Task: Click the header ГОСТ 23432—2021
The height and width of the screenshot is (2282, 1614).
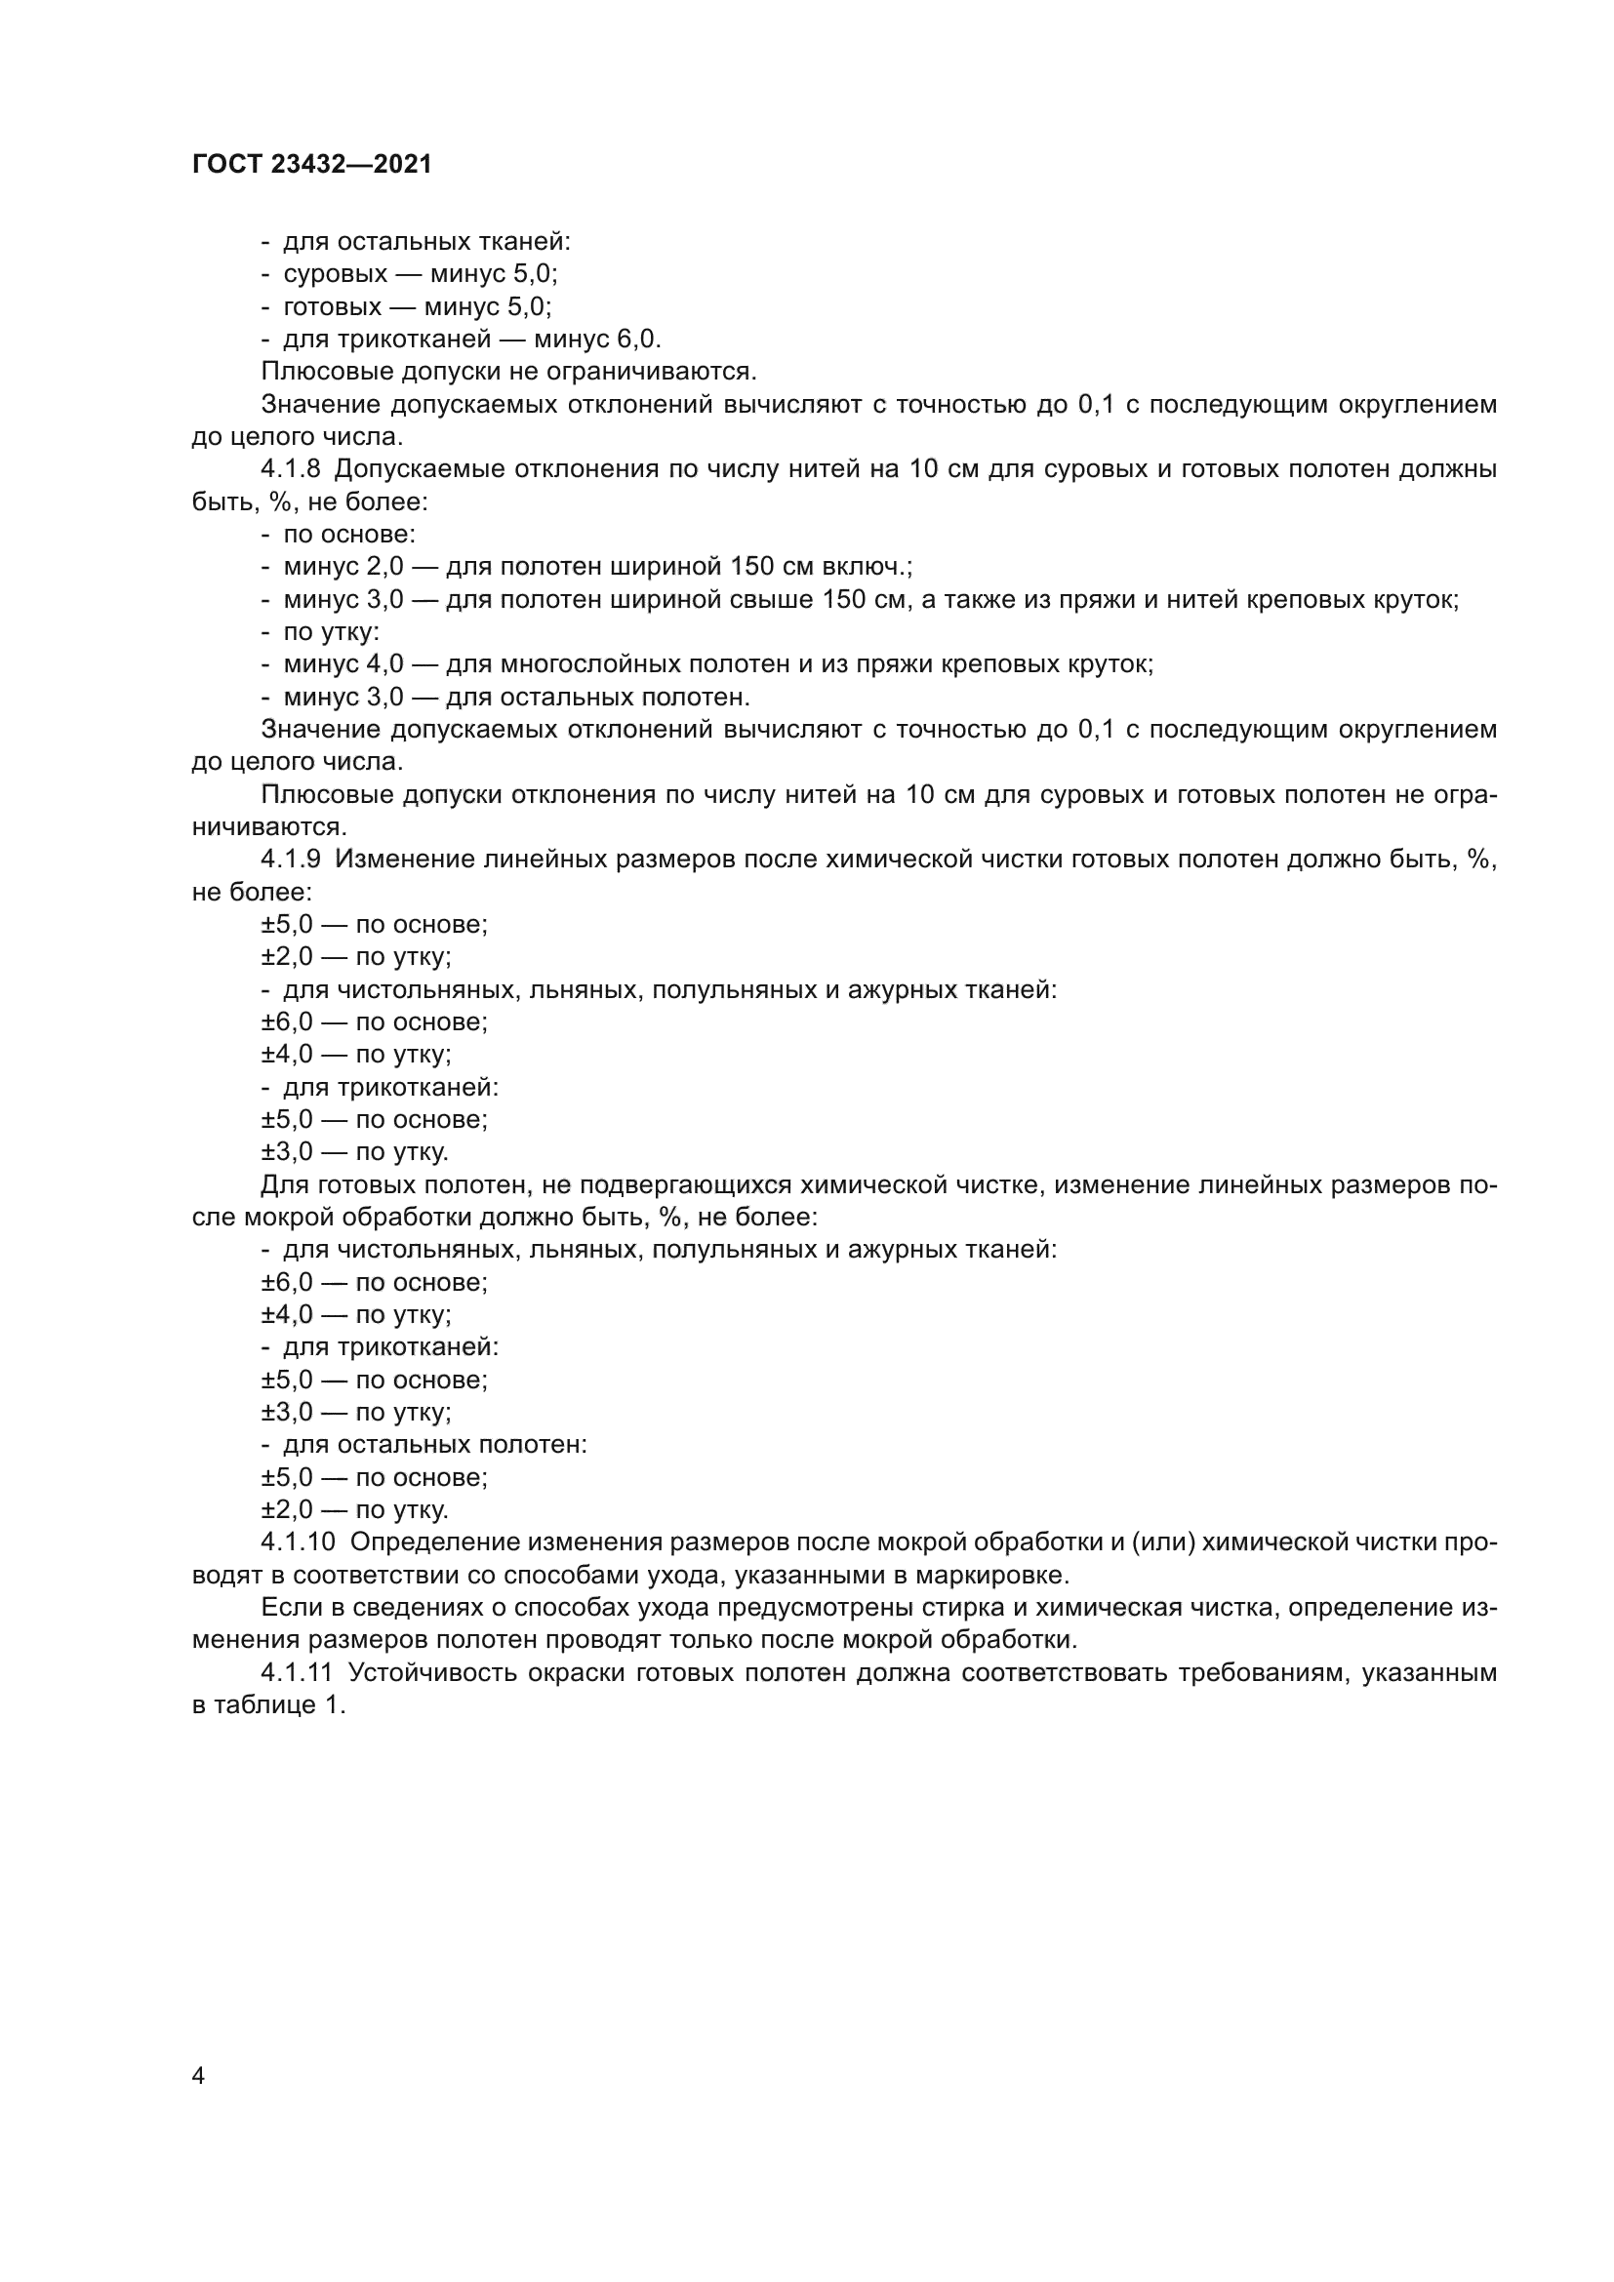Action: tap(312, 164)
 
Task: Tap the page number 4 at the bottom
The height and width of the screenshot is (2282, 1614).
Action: tap(198, 2075)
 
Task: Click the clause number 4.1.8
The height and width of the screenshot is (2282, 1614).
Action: tap(291, 469)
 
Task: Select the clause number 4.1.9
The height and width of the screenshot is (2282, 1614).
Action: tap(291, 860)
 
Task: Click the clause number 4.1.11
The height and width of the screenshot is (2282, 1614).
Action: tap(298, 1672)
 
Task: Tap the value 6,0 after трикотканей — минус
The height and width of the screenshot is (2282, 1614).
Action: tap(637, 339)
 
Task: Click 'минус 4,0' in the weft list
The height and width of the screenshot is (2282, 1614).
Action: tap(343, 664)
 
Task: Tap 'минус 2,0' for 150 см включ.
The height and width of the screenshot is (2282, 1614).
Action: tap(343, 567)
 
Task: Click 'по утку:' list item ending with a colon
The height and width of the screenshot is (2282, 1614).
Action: tap(331, 631)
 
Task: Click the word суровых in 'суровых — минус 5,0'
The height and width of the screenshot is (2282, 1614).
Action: tap(335, 273)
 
